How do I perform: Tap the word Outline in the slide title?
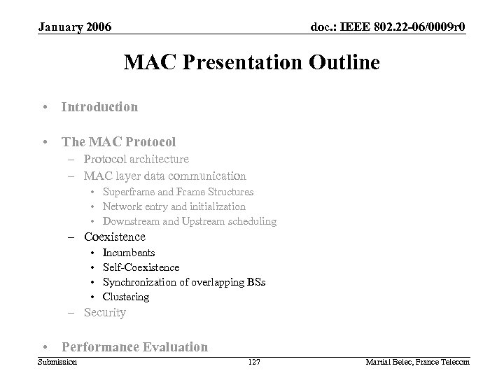coord(340,63)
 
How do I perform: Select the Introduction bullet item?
coord(99,107)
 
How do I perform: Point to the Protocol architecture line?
coord(136,160)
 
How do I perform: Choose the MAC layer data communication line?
coord(164,176)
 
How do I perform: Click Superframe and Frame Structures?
coord(178,192)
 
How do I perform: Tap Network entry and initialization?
coord(174,206)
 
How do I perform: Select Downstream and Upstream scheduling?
coord(189,221)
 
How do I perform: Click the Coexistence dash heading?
coord(114,237)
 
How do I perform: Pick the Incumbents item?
coord(129,253)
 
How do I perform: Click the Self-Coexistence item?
coord(141,267)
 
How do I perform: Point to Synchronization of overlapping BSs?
coord(183,282)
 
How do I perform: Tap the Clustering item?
coord(126,297)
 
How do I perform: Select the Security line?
coord(104,312)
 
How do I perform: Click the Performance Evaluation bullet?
coord(134,346)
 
